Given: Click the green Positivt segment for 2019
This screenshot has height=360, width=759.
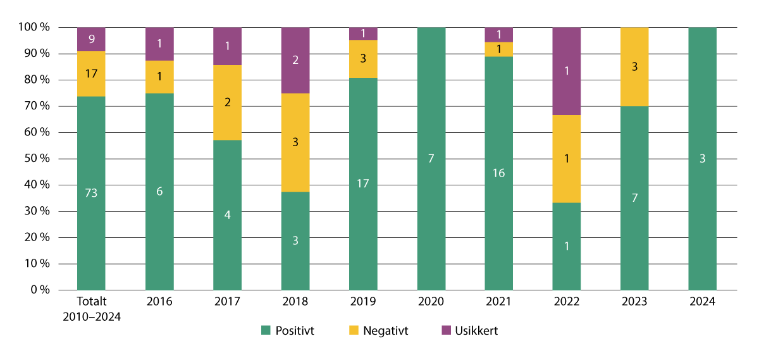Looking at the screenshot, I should coord(363,183).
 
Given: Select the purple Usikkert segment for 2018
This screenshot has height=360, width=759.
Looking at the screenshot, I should coord(295,60).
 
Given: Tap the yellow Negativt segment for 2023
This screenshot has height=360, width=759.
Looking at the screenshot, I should coord(634,67).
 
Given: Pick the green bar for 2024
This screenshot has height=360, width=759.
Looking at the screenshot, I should coord(702,158).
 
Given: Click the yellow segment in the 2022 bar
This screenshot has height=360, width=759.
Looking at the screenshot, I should coord(566,159).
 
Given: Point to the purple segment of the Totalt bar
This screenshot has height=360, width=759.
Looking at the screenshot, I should coord(91,39).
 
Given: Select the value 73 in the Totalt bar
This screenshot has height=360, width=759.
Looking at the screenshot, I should coord(91,193).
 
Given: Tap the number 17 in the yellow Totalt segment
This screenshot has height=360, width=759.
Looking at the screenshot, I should coord(91,73).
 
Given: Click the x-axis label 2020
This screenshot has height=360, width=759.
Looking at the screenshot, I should coord(431,302).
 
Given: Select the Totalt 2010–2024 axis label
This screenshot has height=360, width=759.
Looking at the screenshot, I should coord(91,307).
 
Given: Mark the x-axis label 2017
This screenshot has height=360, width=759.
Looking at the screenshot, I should coord(227,302).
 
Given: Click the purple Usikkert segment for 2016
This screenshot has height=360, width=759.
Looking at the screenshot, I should coord(159,44).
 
